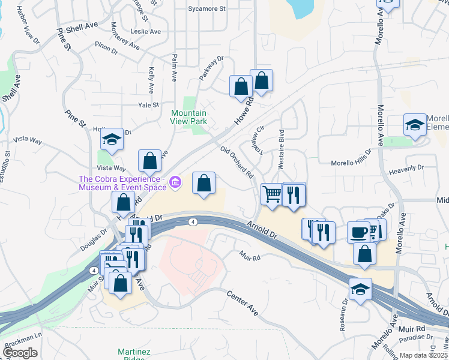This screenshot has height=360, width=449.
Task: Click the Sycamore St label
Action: tap(206, 9)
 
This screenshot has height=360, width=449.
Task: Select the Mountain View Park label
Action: tap(189, 117)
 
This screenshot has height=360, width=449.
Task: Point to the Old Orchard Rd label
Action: tap(237, 162)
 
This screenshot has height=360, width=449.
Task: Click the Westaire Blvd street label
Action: tap(281, 146)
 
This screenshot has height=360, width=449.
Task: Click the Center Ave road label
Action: tap(243, 303)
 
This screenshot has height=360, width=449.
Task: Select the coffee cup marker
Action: tap(360, 233)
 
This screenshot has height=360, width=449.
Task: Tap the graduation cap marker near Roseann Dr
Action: tap(360, 290)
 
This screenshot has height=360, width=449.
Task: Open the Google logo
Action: tap(20, 352)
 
